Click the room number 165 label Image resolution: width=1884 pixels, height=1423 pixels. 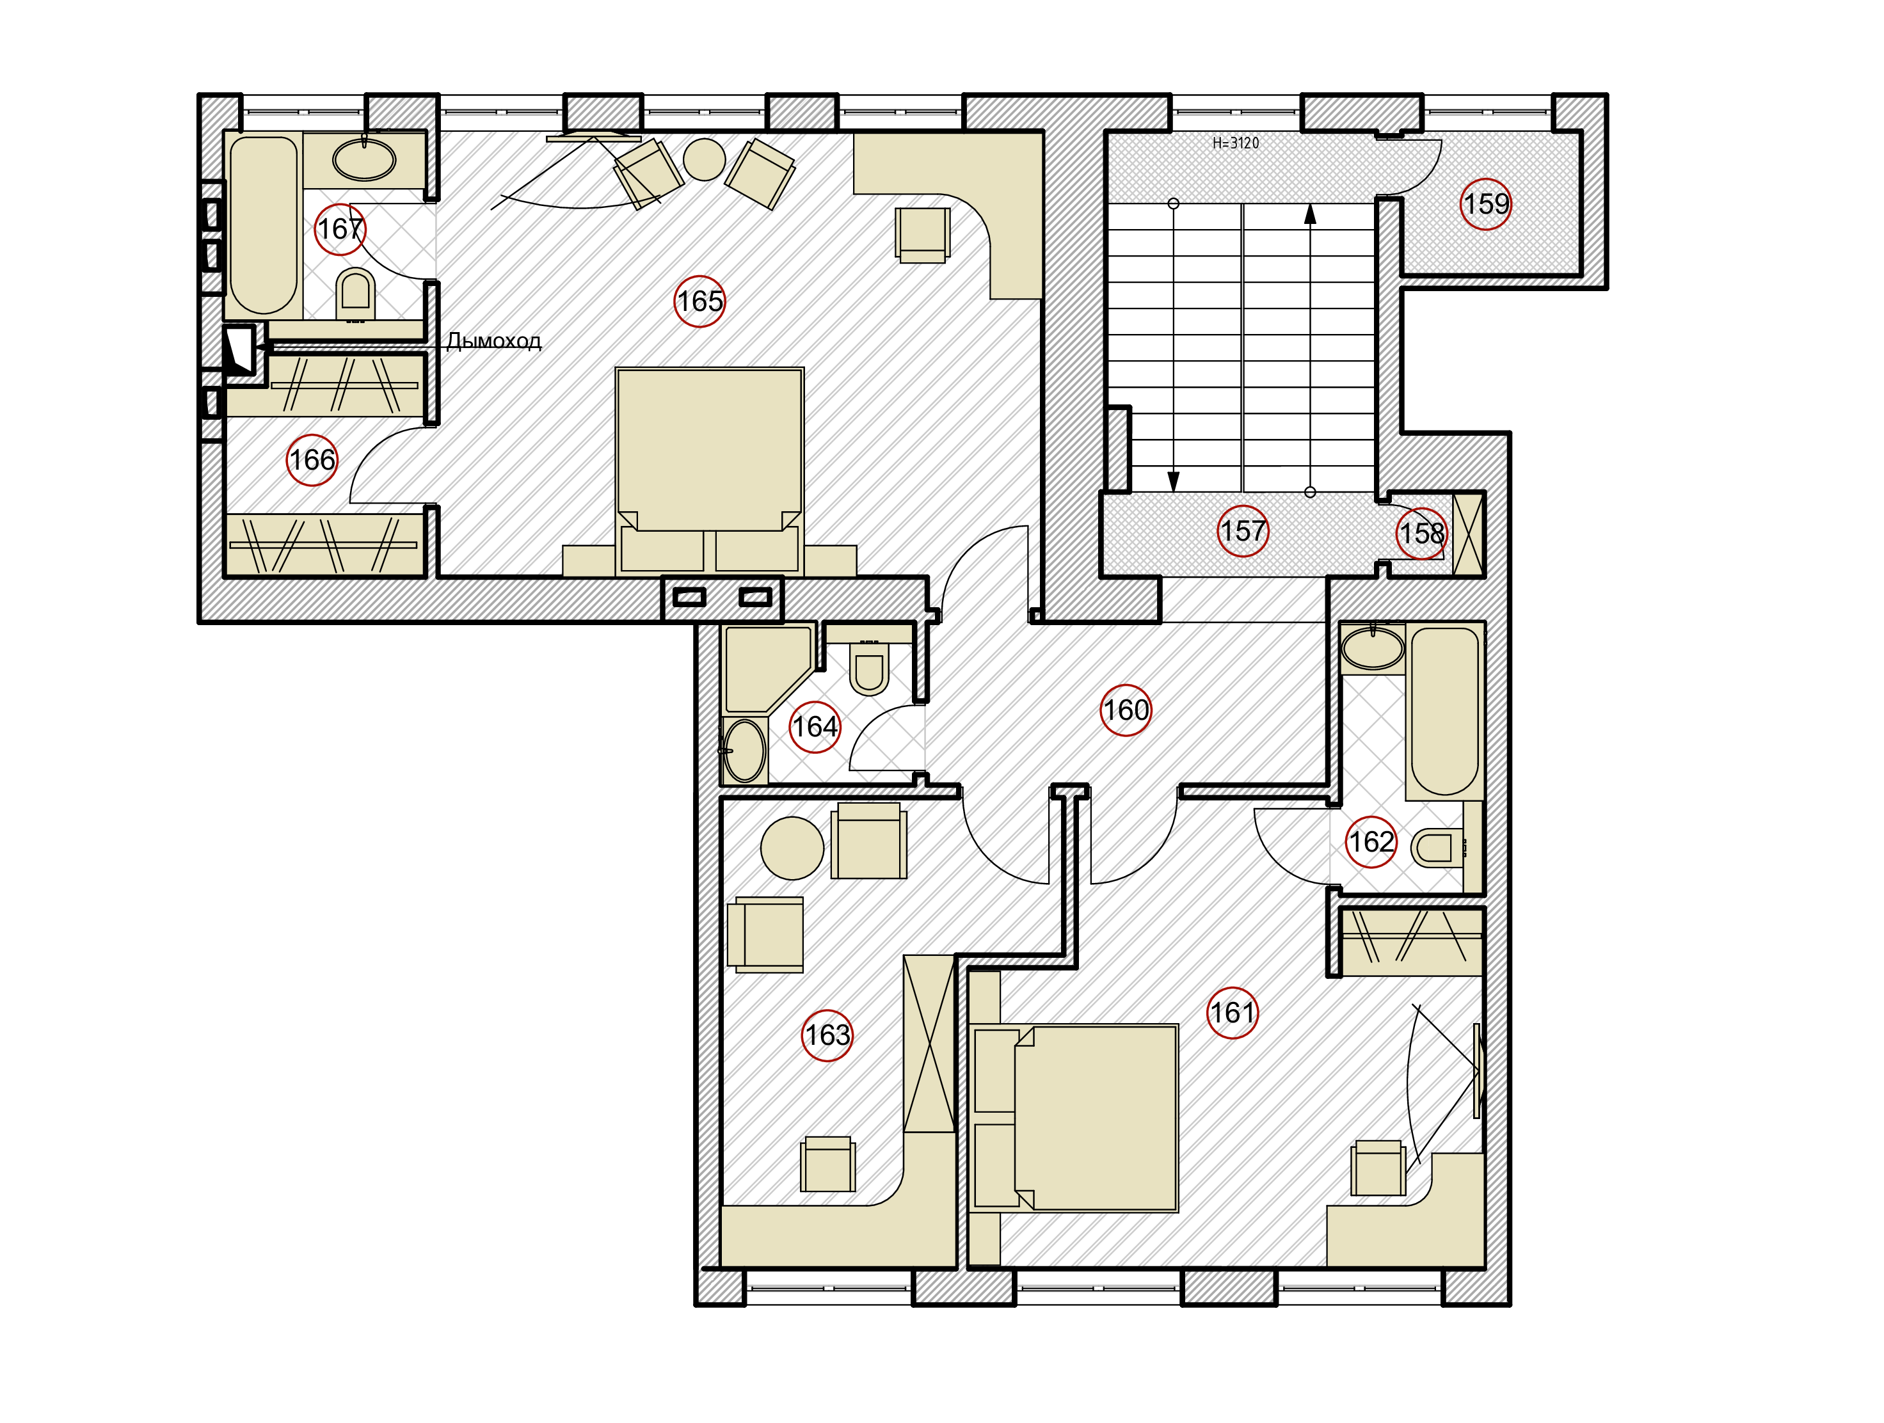coord(699,301)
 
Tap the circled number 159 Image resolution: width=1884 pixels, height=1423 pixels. coord(1486,203)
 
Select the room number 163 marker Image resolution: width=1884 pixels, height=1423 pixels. coord(828,1035)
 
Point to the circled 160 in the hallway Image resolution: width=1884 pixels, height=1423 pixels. coord(1126,710)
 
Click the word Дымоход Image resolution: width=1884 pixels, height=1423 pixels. coord(494,340)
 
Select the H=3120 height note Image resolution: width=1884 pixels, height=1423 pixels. coord(1236,143)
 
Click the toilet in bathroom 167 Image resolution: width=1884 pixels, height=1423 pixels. coord(355,293)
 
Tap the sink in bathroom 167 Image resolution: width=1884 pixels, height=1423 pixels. coord(365,159)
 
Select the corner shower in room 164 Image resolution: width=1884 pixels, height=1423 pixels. coord(767,669)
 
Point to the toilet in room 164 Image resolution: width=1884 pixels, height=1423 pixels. coord(870,667)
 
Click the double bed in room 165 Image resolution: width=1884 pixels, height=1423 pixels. coord(710,471)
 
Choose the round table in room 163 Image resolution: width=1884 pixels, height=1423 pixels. coord(792,848)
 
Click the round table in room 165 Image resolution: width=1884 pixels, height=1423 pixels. coord(705,159)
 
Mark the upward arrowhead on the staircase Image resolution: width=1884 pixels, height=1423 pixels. coord(1310,214)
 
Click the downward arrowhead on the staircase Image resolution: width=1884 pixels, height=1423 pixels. coord(1174,482)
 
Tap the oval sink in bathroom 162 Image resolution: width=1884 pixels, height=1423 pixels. coord(1372,649)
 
